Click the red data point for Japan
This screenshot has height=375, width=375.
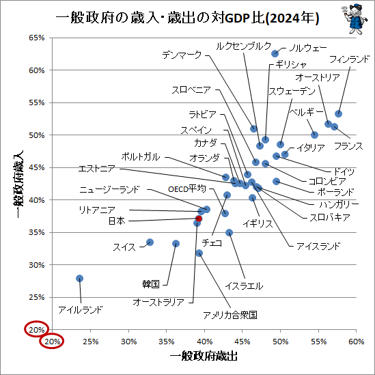click(199, 219)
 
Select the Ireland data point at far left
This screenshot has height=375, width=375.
click(80, 278)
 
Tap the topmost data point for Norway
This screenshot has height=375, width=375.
click(275, 53)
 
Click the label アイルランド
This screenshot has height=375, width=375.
click(81, 309)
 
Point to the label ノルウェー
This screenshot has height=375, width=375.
click(309, 48)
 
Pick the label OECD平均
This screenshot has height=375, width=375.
click(187, 189)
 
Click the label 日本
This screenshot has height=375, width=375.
click(117, 221)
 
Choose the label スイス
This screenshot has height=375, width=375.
click(124, 247)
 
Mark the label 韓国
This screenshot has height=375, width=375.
click(151, 283)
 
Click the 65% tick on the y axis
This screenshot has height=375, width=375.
click(36, 38)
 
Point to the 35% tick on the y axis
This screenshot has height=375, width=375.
click(36, 232)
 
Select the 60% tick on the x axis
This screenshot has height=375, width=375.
click(355, 341)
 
